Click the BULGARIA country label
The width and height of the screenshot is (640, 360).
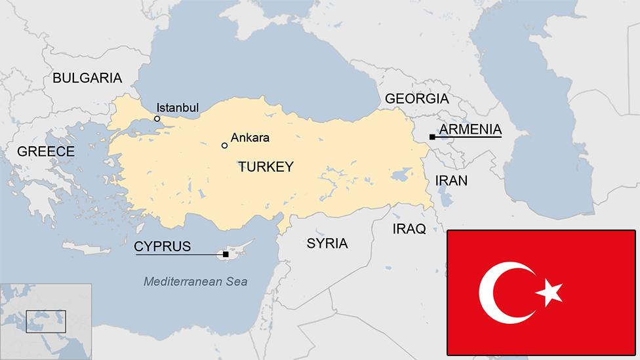(x=87, y=78)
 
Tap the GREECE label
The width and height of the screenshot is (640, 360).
(x=46, y=151)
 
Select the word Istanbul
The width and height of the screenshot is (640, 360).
(x=178, y=108)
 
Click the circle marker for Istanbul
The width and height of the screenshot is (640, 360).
(x=157, y=119)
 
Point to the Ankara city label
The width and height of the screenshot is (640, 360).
(x=250, y=138)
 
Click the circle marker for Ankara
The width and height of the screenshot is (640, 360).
(x=224, y=145)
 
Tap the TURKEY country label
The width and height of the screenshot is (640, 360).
(x=266, y=167)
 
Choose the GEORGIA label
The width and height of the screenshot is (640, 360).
(x=417, y=99)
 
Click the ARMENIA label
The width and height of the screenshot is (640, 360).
(x=470, y=129)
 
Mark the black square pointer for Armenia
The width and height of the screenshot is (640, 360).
(x=432, y=136)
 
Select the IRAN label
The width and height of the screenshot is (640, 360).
(x=451, y=180)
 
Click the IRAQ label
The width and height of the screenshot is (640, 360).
(x=409, y=229)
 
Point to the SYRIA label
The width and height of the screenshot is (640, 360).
(x=327, y=243)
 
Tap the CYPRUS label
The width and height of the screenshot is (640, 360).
(x=163, y=247)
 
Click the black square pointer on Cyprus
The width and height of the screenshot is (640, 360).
(x=226, y=254)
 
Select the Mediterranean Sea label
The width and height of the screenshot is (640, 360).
(x=195, y=281)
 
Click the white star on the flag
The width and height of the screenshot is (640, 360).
(x=549, y=292)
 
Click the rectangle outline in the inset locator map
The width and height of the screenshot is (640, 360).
(x=46, y=321)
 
